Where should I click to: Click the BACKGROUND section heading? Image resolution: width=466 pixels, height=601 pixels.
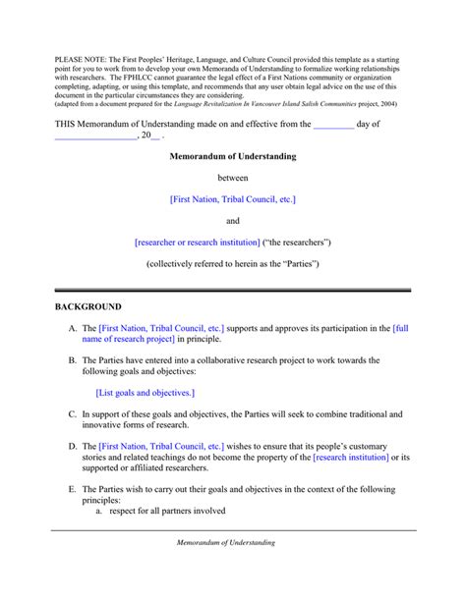pyautogui.click(x=87, y=307)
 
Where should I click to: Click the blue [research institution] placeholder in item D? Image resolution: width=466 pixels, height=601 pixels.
pyautogui.click(x=351, y=458)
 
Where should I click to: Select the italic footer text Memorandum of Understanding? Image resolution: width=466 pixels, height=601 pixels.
pyautogui.click(x=225, y=542)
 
